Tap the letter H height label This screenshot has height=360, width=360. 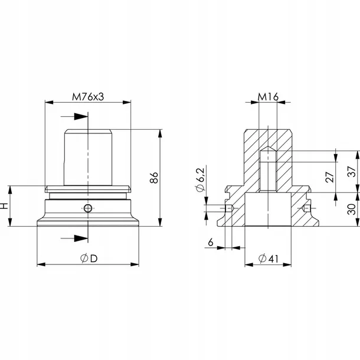click(x=5, y=206)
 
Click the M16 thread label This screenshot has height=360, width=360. click(x=268, y=97)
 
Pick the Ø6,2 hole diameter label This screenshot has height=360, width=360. click(x=200, y=180)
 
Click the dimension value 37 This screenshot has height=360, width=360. click(x=352, y=171)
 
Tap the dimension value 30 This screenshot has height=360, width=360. click(x=352, y=210)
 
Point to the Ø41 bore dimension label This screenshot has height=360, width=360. click(x=269, y=258)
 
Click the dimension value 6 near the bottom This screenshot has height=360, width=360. click(x=211, y=242)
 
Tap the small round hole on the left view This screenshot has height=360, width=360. click(x=87, y=208)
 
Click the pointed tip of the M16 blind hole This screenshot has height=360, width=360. click(x=269, y=148)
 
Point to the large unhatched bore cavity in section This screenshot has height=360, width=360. click(x=269, y=211)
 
